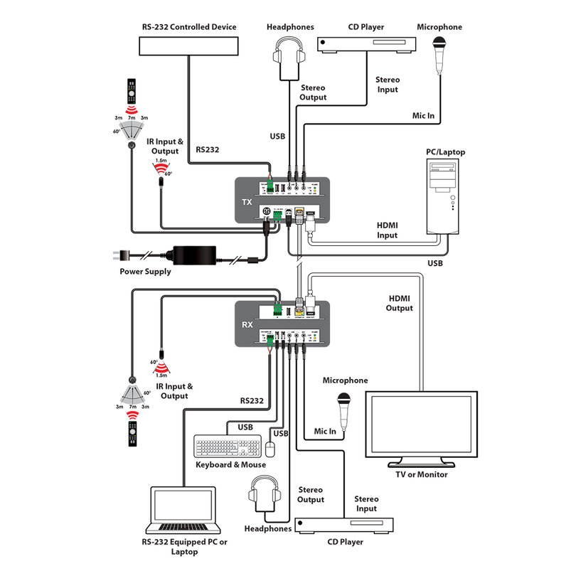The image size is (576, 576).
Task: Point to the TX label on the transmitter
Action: [x=247, y=202]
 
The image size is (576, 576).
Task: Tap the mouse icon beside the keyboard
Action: [x=270, y=448]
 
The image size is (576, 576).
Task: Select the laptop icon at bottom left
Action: [x=184, y=511]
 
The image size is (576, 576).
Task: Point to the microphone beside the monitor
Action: [x=345, y=410]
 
